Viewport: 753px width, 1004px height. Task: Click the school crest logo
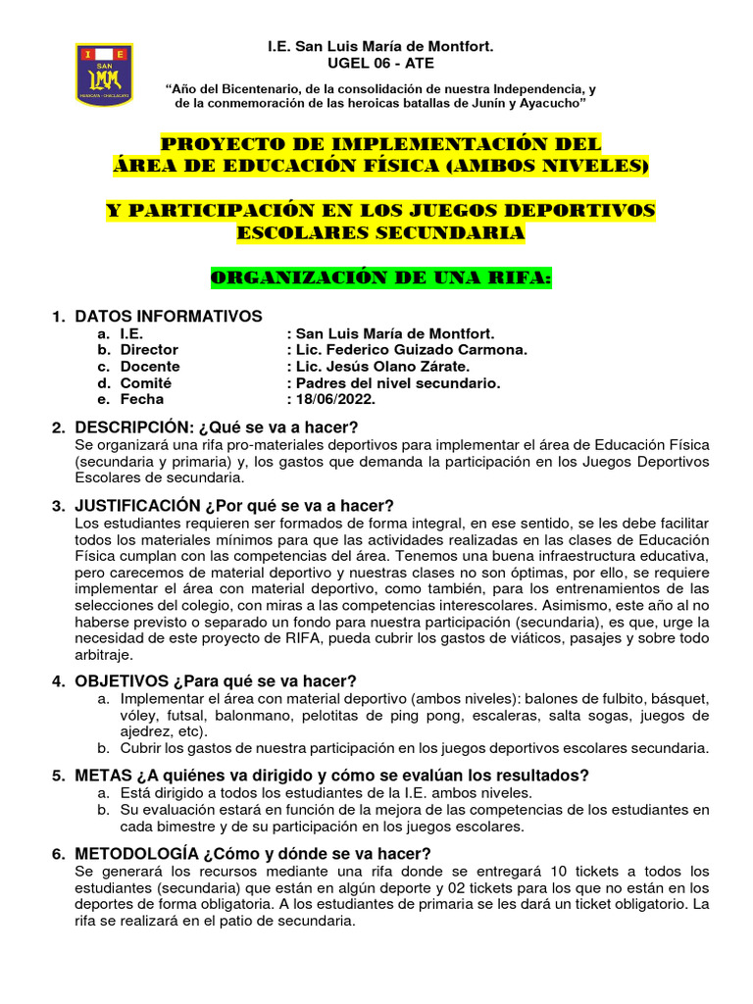point(104,75)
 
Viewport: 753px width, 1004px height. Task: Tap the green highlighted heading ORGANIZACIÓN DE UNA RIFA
point(380,279)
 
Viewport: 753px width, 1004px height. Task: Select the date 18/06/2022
point(334,399)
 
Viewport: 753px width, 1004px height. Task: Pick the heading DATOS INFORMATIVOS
point(169,316)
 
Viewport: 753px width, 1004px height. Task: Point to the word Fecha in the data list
point(142,399)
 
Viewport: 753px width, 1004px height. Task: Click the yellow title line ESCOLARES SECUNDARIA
point(380,233)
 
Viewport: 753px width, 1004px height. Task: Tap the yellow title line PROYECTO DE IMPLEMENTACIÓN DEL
point(380,144)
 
